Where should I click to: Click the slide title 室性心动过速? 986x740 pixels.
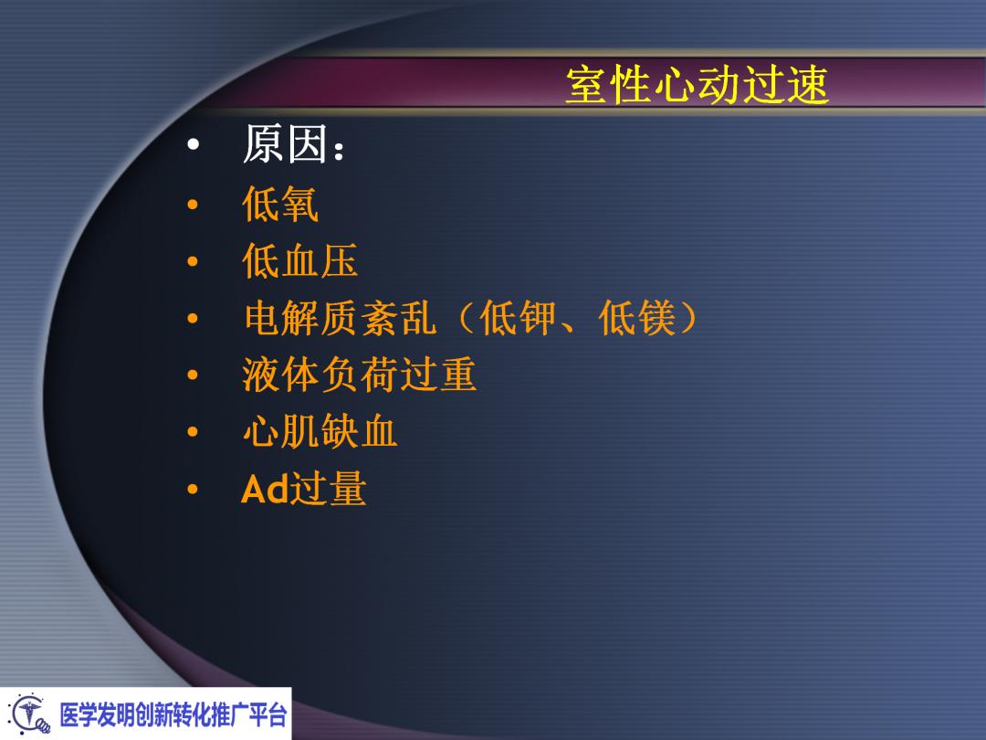(697, 87)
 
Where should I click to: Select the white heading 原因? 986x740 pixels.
(284, 146)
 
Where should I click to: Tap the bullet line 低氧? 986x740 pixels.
(280, 206)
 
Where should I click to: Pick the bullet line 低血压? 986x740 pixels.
(299, 263)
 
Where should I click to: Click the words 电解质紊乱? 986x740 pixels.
(339, 320)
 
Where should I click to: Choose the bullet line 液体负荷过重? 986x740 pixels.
(359, 375)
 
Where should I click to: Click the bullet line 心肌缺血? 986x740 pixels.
(320, 432)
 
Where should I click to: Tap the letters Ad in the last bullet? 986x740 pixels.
(265, 491)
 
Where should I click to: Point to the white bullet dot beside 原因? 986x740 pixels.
(191, 147)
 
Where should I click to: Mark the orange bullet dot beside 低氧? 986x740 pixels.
(191, 206)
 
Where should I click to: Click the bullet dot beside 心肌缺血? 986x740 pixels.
(191, 433)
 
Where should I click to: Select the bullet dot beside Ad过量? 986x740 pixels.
(191, 491)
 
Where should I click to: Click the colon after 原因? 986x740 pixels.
(340, 151)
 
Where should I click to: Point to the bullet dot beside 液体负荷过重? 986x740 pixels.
(191, 376)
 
